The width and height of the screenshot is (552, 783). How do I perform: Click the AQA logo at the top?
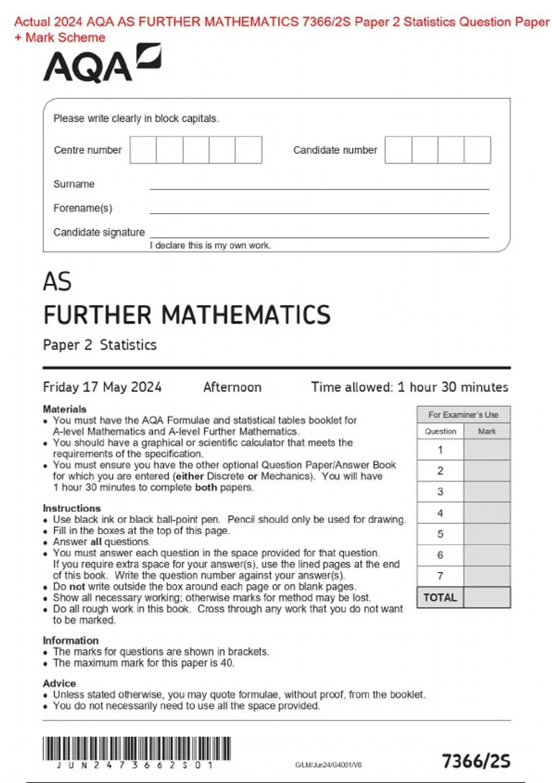[x=102, y=64]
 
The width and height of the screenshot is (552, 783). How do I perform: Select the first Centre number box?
[x=143, y=150]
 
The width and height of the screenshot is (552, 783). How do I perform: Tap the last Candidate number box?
[x=477, y=150]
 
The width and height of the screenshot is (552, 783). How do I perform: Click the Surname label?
[x=74, y=184]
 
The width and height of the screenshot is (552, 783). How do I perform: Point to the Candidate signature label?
[x=99, y=232]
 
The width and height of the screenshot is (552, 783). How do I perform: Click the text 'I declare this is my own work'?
[x=210, y=245]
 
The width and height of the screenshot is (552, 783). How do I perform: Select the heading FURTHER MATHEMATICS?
[x=187, y=315]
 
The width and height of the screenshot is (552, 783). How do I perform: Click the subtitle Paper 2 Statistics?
[x=100, y=345]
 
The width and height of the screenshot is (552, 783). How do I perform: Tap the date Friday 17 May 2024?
[x=102, y=387]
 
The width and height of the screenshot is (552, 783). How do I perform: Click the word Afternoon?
[x=232, y=387]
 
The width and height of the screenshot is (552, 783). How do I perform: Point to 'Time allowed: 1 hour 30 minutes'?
[x=409, y=387]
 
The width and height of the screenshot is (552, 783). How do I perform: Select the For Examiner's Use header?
[x=463, y=415]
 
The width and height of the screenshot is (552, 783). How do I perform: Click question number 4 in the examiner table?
[x=440, y=513]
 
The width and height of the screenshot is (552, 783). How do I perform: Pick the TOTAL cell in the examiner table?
[x=440, y=597]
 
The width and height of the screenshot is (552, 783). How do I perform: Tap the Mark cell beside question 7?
[x=487, y=576]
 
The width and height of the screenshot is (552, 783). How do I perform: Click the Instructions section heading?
[x=72, y=508]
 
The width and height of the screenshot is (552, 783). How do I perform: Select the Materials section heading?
[x=64, y=409]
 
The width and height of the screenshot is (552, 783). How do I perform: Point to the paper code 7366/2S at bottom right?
[x=476, y=761]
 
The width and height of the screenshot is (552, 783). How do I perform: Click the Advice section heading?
[x=59, y=683]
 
